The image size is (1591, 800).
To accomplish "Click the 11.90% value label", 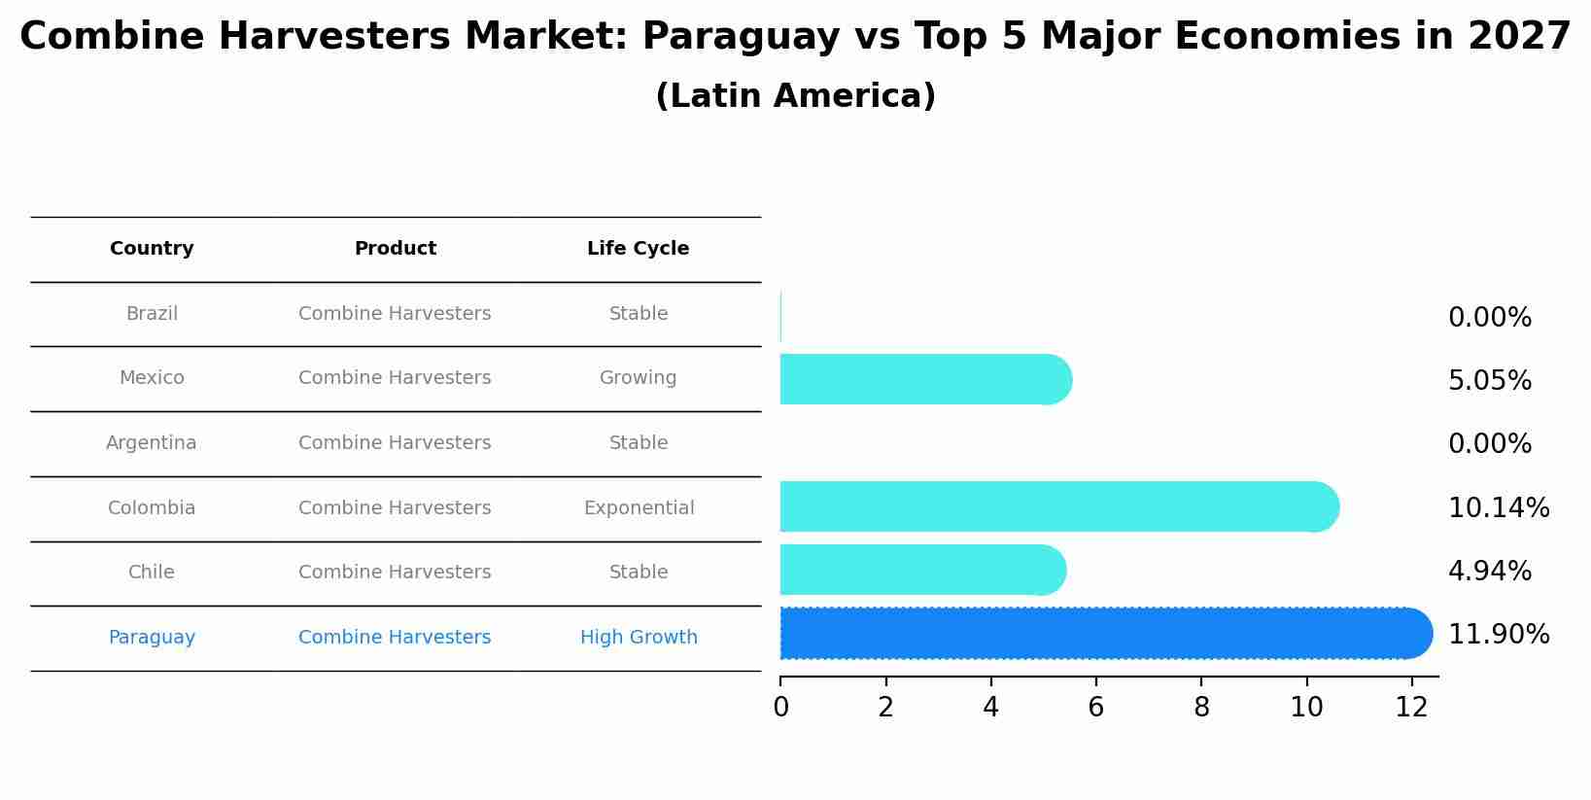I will tap(1498, 635).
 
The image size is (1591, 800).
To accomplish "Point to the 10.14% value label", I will tap(1498, 508).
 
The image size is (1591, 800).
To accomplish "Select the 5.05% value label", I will tap(1489, 381).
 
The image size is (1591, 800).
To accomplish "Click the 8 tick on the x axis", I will tap(1201, 708).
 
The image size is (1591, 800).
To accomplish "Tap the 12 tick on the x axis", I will tap(1411, 708).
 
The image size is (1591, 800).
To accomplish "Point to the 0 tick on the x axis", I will tap(780, 708).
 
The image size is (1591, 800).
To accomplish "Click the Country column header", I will tap(152, 249).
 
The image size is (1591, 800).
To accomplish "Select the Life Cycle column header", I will tap(638, 249).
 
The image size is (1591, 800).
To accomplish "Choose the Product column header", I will tap(395, 249).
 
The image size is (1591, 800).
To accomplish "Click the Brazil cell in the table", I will tap(152, 314).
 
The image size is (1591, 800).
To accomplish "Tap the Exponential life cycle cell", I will tap(639, 508).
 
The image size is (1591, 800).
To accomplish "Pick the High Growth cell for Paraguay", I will tap(639, 638).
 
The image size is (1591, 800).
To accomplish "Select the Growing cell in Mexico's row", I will tap(638, 378).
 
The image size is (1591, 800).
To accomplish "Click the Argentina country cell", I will tap(152, 443).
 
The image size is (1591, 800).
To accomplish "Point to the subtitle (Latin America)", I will tap(795, 96).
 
